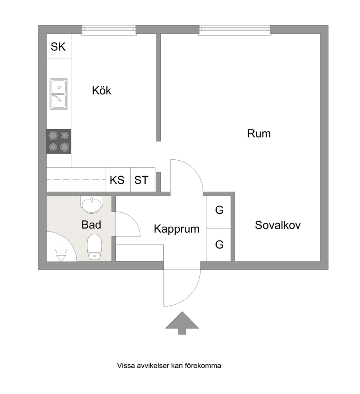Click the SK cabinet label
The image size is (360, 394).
pyautogui.click(x=58, y=47)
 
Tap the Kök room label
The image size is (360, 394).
pyautogui.click(x=102, y=90)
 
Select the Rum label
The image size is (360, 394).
pyautogui.click(x=259, y=134)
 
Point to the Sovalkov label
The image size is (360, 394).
pyautogui.click(x=278, y=225)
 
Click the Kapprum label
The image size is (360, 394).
pyautogui.click(x=177, y=229)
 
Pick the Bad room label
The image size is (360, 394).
pyautogui.click(x=91, y=225)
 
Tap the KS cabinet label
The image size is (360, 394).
pyautogui.click(x=117, y=180)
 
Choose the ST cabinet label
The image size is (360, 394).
pyautogui.click(x=141, y=180)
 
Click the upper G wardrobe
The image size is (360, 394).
pyautogui.click(x=218, y=212)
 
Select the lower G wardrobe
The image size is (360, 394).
pyautogui.click(x=218, y=245)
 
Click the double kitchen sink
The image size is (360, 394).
pyautogui.click(x=59, y=94)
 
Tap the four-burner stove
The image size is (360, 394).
pyautogui.click(x=59, y=141)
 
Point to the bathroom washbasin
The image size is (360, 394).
pyautogui.click(x=92, y=205)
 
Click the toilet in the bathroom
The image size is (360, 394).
pyautogui.click(x=94, y=247)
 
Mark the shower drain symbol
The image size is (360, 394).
pyautogui.click(x=61, y=255)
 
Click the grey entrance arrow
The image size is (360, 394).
pyautogui.click(x=182, y=323)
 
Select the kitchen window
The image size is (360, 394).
pyautogui.click(x=109, y=30)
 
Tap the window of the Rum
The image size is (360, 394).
pyautogui.click(x=235, y=30)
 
